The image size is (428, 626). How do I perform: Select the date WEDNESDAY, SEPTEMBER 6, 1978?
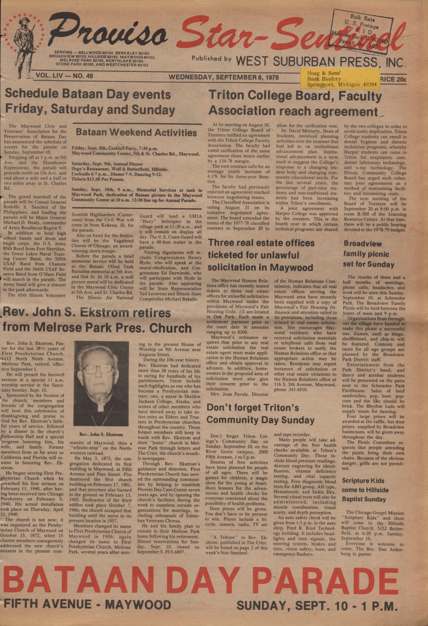pyautogui.click(x=224, y=77)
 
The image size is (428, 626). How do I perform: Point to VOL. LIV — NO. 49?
pyautogui.click(x=64, y=76)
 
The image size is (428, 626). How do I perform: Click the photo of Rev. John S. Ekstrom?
pyautogui.click(x=101, y=384)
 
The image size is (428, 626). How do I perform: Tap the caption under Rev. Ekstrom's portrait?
pyautogui.click(x=101, y=434)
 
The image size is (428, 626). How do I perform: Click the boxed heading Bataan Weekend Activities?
pyautogui.click(x=136, y=132)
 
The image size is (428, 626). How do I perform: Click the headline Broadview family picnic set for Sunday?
pyautogui.click(x=369, y=254)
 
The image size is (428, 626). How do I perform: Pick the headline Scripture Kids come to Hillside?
pyautogui.click(x=365, y=490)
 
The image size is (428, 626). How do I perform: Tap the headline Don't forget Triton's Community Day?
pyautogui.click(x=260, y=414)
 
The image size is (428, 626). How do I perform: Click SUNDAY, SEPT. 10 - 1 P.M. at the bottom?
pyautogui.click(x=317, y=606)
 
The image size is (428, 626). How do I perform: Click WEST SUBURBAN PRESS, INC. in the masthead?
pyautogui.click(x=321, y=61)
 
